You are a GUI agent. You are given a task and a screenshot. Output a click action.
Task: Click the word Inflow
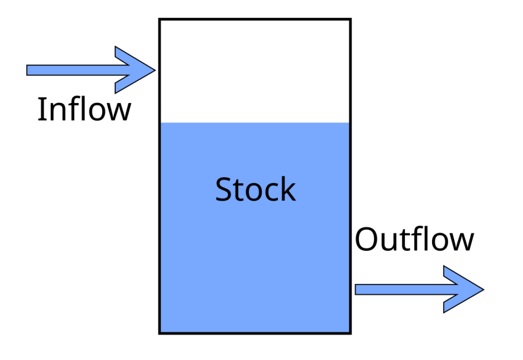point(84,109)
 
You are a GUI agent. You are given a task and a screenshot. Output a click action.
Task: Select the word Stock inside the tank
point(255,189)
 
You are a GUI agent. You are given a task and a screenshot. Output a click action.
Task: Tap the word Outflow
point(414,239)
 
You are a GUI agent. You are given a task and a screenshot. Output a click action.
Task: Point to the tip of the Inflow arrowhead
point(154,70)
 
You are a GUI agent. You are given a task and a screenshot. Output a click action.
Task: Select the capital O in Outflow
point(366,239)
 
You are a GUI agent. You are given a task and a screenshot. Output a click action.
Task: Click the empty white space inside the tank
point(255,71)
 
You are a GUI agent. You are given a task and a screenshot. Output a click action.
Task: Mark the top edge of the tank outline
point(255,19)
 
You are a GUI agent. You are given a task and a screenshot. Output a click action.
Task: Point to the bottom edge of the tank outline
point(255,333)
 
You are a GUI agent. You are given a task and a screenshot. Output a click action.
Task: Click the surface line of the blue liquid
point(255,123)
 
